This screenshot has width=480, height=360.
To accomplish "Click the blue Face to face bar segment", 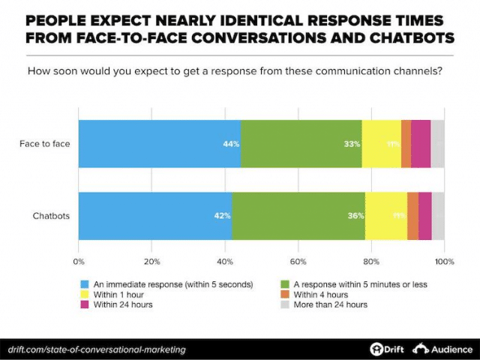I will pyautogui.click(x=160, y=143).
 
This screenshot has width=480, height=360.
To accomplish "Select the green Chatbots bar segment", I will pyautogui.click(x=298, y=216).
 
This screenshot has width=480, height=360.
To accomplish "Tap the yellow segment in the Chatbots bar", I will pyautogui.click(x=385, y=216).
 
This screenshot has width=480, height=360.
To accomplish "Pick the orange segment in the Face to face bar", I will pyautogui.click(x=406, y=143).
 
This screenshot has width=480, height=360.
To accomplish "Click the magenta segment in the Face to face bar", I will pyautogui.click(x=420, y=143).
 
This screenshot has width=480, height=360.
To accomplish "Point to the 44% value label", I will pyautogui.click(x=231, y=144).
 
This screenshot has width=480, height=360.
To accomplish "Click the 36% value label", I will pyautogui.click(x=355, y=216).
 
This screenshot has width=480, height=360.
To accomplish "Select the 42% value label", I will pyautogui.click(x=222, y=216).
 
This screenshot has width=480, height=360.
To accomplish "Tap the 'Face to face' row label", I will pyautogui.click(x=44, y=143).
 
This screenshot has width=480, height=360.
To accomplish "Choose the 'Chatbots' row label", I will pyautogui.click(x=51, y=216).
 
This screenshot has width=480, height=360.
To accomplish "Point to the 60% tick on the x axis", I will pyautogui.click(x=298, y=262).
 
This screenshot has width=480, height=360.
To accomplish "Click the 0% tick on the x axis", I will pyautogui.click(x=78, y=262).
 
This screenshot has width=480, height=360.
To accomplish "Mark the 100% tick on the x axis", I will pyautogui.click(x=445, y=262).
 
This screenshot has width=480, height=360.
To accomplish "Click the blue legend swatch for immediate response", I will pyautogui.click(x=85, y=284).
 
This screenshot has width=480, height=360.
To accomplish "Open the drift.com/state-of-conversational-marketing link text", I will pyautogui.click(x=96, y=349).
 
